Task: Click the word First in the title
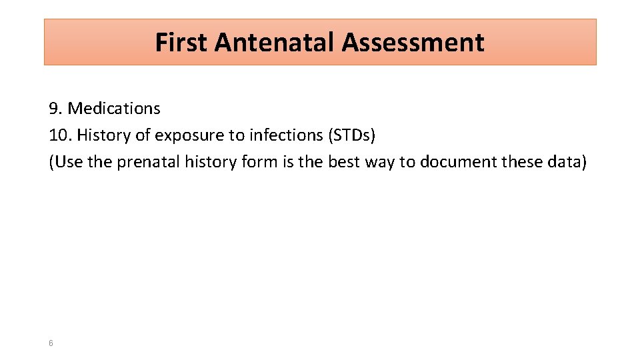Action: [x=182, y=43]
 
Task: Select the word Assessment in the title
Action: [x=413, y=43]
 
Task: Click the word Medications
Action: [x=114, y=108]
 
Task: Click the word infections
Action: [x=287, y=135]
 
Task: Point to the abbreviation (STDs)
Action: [x=351, y=136]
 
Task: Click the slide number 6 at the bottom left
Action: [x=51, y=343]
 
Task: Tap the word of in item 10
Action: [x=143, y=135]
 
